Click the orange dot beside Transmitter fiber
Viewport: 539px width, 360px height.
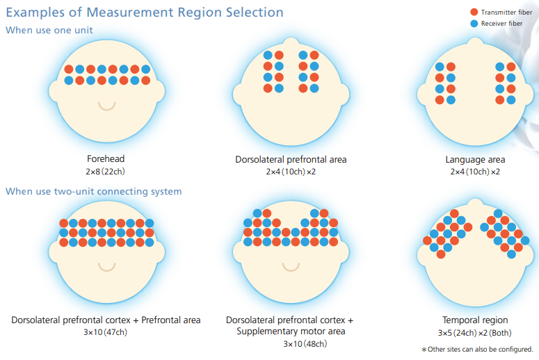point(474,12)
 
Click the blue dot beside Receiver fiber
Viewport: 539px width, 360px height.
point(474,23)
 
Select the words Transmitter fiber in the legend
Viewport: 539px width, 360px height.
point(506,12)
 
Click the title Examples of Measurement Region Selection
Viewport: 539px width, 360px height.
point(145,13)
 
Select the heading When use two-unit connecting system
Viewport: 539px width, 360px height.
point(94,191)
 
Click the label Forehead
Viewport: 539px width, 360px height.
point(106,159)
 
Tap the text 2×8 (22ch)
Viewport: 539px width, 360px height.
point(106,171)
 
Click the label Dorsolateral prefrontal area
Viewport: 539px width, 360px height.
point(291,159)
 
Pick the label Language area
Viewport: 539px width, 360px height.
point(475,159)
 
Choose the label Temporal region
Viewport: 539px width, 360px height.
point(475,320)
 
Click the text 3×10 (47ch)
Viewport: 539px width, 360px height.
point(106,332)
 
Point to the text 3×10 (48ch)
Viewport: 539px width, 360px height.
point(291,343)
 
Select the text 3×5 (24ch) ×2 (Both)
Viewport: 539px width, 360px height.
point(475,332)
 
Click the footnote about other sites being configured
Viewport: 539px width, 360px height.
point(477,349)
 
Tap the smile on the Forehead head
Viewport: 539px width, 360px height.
point(106,106)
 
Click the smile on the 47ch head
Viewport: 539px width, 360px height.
point(106,267)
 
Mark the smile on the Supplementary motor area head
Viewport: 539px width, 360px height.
point(291,267)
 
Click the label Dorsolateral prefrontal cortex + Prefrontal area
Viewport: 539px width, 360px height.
point(106,320)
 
